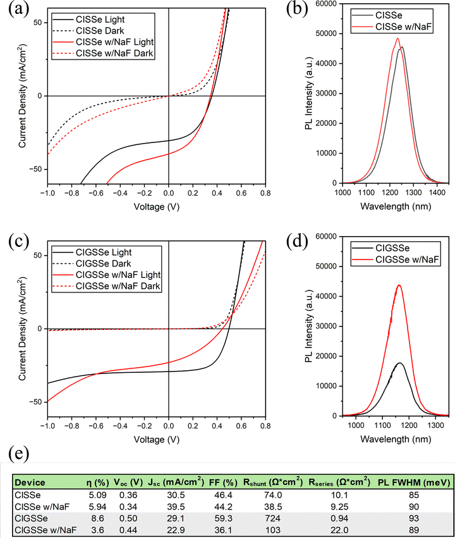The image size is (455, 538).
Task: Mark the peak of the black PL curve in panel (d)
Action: tap(399, 363)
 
